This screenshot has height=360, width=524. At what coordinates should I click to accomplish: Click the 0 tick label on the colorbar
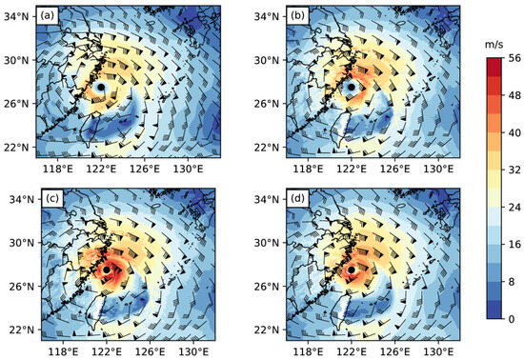(505, 318)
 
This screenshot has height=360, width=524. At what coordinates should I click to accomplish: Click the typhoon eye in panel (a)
(103, 88)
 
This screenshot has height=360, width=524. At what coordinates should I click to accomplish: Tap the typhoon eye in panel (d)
(353, 270)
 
